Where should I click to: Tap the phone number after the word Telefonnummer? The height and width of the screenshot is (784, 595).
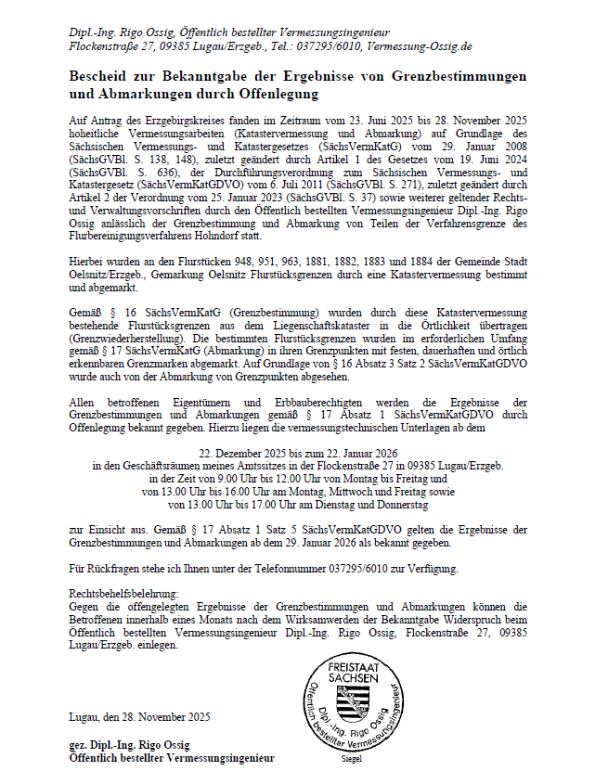coord(380,567)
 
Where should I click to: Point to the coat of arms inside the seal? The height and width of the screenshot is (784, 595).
coord(353,704)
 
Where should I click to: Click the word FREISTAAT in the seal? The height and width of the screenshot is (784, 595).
coord(353,667)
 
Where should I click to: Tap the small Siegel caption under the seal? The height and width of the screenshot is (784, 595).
coord(353,758)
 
